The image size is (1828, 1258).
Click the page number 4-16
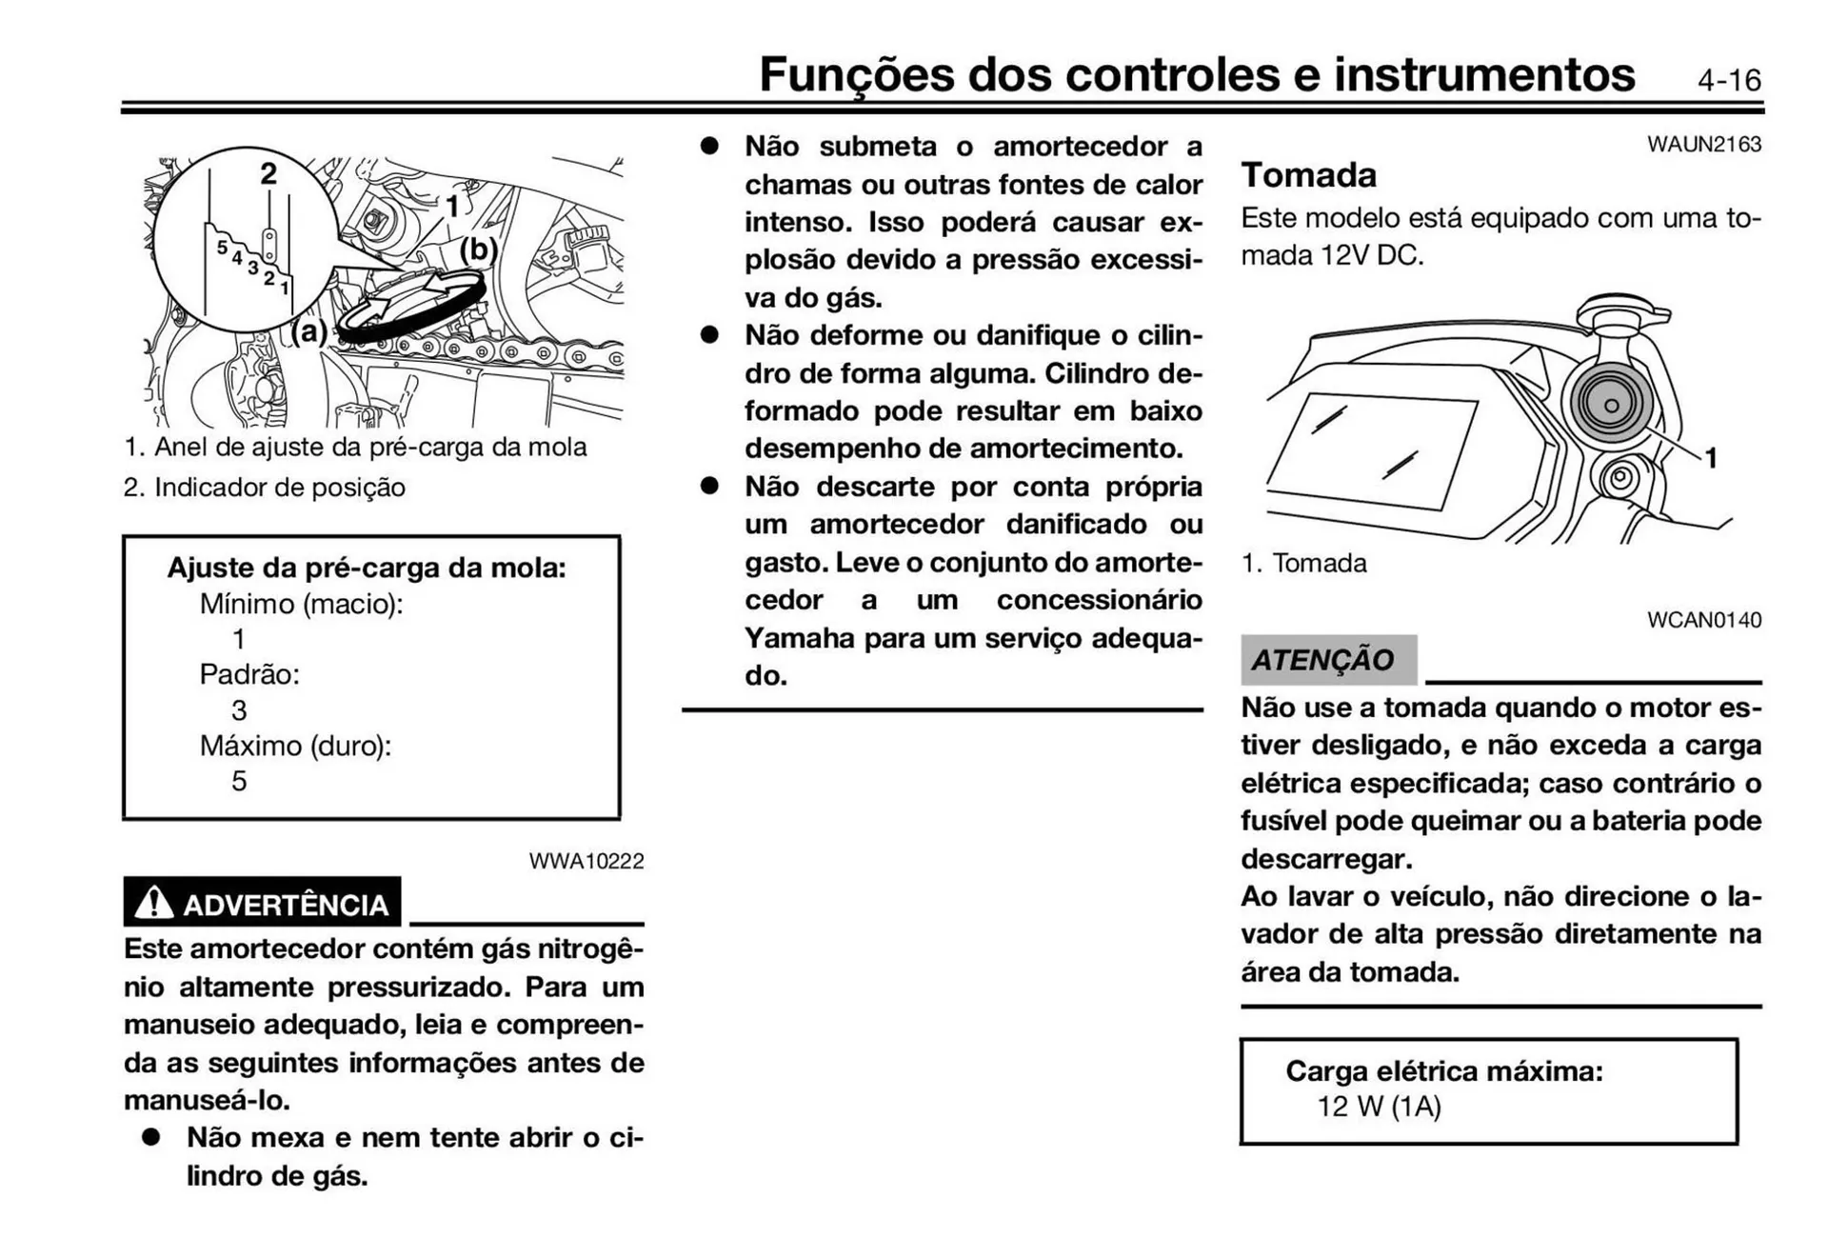pos(1728,80)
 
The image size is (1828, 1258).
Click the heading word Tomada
pos(1308,175)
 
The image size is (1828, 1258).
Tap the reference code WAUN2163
pos(1703,145)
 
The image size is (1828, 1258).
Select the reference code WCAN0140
pos(1703,620)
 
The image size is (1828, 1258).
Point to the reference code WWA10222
pos(586,861)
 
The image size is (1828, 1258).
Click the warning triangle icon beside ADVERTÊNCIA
pos(153,903)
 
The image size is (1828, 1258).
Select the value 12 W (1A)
pos(1379,1107)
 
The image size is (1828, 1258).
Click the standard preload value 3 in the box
pos(239,710)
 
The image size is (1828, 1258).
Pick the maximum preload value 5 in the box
pos(239,781)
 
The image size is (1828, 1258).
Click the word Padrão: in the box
pos(249,674)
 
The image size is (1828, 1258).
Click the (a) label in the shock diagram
pos(309,331)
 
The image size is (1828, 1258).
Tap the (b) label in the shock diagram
pos(478,250)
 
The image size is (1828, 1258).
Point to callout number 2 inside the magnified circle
pos(268,173)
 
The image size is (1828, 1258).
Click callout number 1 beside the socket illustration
pos(1710,458)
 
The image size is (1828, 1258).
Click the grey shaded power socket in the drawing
pos(1610,403)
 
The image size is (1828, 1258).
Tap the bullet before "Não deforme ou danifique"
pos(709,335)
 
